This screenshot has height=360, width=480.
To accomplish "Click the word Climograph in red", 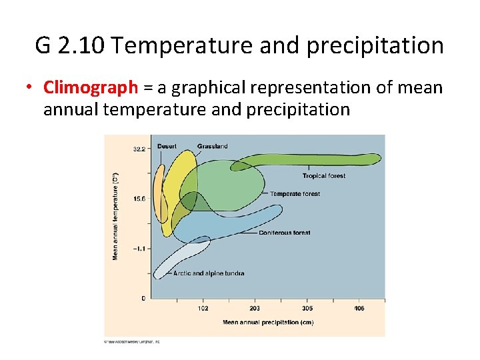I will [91, 87].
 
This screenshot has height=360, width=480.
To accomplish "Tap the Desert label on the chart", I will [167, 146].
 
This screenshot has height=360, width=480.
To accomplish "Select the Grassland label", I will [212, 146].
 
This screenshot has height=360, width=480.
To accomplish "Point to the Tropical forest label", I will [324, 176].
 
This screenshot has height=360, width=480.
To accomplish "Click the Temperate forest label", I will [295, 194].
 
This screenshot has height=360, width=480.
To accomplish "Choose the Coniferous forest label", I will [285, 233].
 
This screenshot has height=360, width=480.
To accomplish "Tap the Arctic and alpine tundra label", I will [209, 273].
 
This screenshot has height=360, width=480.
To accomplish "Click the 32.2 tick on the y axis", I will [139, 149].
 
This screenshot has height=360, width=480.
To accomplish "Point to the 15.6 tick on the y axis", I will [139, 199].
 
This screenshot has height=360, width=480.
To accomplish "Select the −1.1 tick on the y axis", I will [138, 248].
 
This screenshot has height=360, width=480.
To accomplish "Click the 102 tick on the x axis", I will [203, 309].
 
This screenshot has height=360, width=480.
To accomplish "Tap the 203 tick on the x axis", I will [255, 309].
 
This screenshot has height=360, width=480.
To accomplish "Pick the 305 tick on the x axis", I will [307, 309].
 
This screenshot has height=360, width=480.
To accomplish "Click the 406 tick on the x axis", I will [359, 309].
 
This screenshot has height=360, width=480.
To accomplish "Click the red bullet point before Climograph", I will [30, 88].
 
